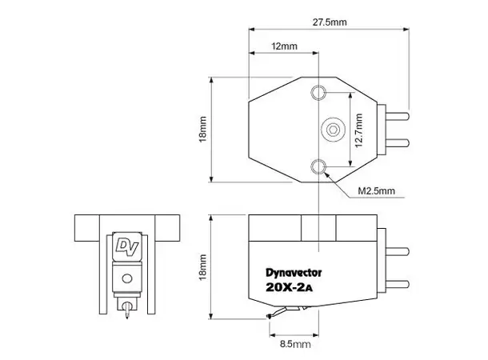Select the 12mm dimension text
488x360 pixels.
pyautogui.click(x=284, y=46)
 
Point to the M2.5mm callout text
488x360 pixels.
pyautogui.click(x=376, y=192)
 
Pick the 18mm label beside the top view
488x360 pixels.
pyautogui.click(x=203, y=130)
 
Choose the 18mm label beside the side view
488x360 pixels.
pyautogui.click(x=203, y=267)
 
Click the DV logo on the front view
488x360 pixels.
pyautogui.click(x=124, y=245)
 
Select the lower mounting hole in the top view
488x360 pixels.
pyautogui.click(x=321, y=166)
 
